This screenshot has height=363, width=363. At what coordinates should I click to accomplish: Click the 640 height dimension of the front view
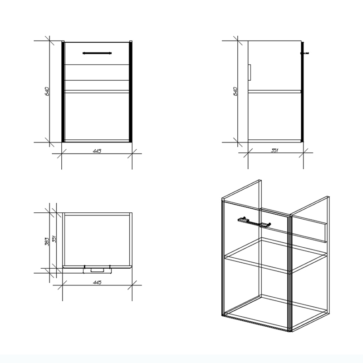(47, 92)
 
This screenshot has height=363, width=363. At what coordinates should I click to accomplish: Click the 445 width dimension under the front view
(97, 151)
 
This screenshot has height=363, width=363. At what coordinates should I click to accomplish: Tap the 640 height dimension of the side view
(235, 92)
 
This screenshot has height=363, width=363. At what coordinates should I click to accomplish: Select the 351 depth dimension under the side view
(275, 150)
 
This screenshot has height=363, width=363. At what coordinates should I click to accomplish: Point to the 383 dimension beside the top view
(47, 241)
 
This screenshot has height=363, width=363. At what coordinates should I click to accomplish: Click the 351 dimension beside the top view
(54, 239)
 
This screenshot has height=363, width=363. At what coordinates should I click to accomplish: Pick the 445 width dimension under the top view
(97, 282)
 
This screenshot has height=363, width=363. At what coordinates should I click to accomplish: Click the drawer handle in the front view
(97, 53)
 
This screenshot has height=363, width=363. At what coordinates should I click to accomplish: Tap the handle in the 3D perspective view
(254, 222)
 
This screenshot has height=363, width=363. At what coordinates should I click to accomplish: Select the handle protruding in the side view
(304, 53)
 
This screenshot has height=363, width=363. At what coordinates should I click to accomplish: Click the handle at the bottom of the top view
(97, 270)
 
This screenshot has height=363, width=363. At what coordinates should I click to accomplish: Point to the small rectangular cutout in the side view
(249, 73)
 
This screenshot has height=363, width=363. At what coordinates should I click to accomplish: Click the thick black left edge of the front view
(63, 92)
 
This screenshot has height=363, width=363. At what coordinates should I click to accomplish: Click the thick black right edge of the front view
(131, 92)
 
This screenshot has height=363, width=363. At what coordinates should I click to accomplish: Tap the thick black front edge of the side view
(302, 92)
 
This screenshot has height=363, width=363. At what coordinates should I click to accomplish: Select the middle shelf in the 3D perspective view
(276, 255)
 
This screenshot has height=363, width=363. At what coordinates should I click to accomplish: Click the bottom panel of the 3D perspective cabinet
(275, 313)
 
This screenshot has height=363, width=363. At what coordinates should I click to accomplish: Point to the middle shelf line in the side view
(275, 92)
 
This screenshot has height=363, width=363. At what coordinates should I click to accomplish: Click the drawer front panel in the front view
(97, 54)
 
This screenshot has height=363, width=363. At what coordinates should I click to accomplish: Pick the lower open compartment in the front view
(97, 117)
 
